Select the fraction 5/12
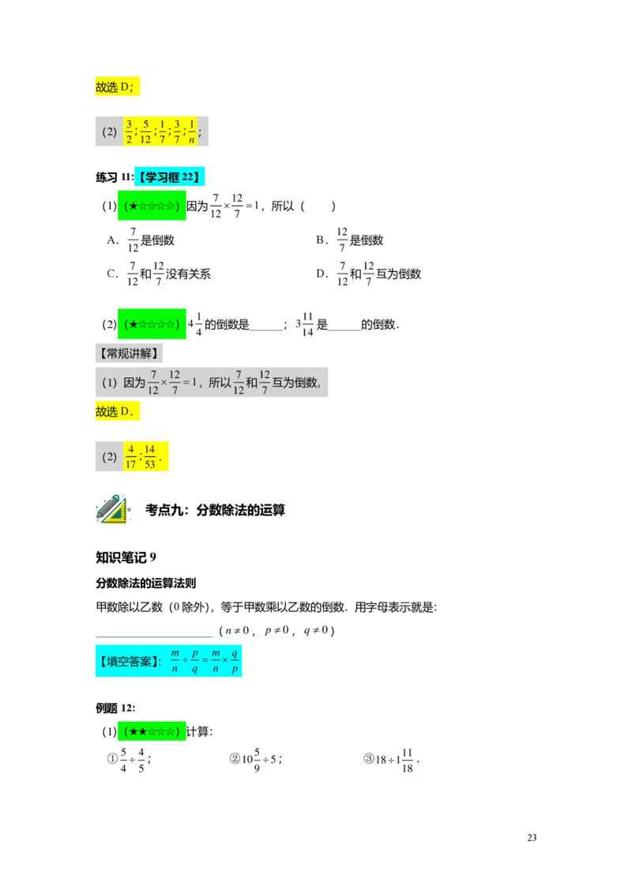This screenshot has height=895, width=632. tap(145, 132)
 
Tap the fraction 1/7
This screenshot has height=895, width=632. tap(162, 132)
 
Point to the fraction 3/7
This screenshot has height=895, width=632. tap(177, 132)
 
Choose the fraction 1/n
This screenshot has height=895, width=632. tap(192, 132)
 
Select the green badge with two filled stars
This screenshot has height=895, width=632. tap(151, 733)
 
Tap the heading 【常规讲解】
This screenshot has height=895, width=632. tap(130, 353)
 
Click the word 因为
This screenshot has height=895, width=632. tap(134, 383)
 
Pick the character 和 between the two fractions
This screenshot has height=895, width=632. tap(251, 383)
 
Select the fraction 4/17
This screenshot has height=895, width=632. tap(131, 456)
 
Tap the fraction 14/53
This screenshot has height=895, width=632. tap(150, 456)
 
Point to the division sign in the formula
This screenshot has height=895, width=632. tap(185, 662)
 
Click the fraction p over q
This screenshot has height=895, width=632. tap(195, 662)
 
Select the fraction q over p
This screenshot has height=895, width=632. tap(235, 662)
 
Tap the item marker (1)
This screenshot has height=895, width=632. tap(109, 383)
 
